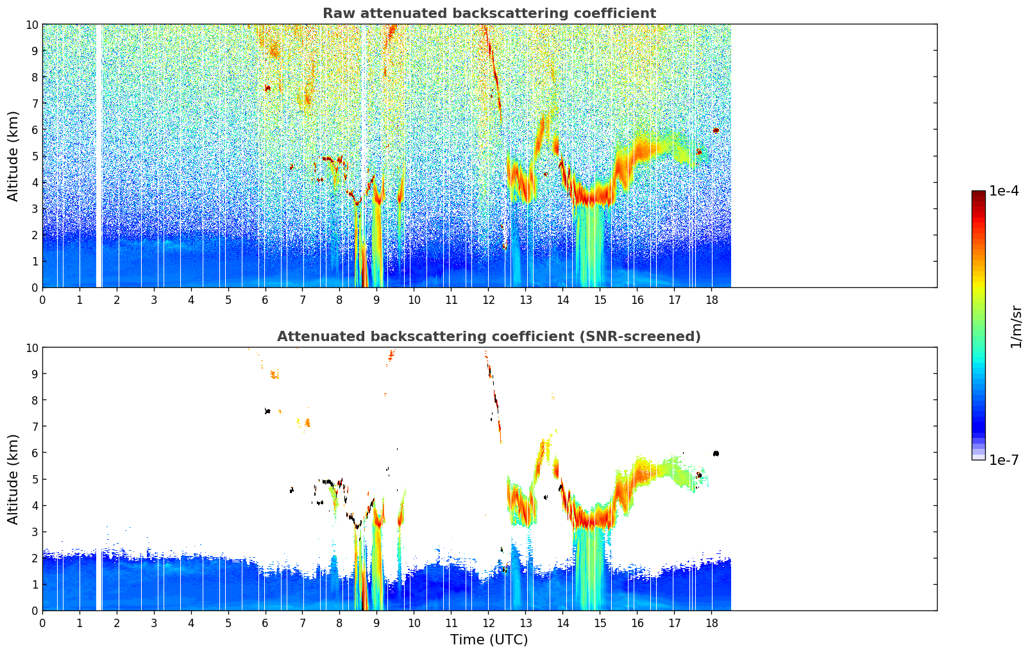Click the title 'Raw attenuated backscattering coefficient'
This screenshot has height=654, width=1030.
[489, 13]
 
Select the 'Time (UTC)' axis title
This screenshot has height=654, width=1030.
[489, 640]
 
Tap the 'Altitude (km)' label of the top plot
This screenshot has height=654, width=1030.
[13, 156]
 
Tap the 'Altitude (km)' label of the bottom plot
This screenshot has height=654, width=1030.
[13, 479]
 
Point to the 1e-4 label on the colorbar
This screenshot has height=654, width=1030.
[1004, 191]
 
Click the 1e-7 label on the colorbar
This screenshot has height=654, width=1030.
[1004, 460]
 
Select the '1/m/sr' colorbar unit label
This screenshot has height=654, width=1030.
[1015, 326]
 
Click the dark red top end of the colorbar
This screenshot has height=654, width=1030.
[978, 194]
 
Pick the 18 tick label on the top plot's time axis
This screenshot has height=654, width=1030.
[711, 299]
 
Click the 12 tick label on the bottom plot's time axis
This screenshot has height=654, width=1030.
[489, 623]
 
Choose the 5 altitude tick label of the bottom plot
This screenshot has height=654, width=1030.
[35, 479]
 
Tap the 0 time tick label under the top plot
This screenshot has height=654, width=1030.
[42, 299]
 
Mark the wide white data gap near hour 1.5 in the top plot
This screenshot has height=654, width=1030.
[99, 156]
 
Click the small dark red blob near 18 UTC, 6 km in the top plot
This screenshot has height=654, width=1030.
[716, 130]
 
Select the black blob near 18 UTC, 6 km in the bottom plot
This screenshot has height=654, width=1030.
[716, 453]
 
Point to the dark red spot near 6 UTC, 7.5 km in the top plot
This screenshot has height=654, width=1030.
[267, 88]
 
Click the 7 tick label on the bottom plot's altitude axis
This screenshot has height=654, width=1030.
[35, 426]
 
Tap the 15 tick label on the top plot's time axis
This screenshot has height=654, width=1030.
[600, 299]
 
